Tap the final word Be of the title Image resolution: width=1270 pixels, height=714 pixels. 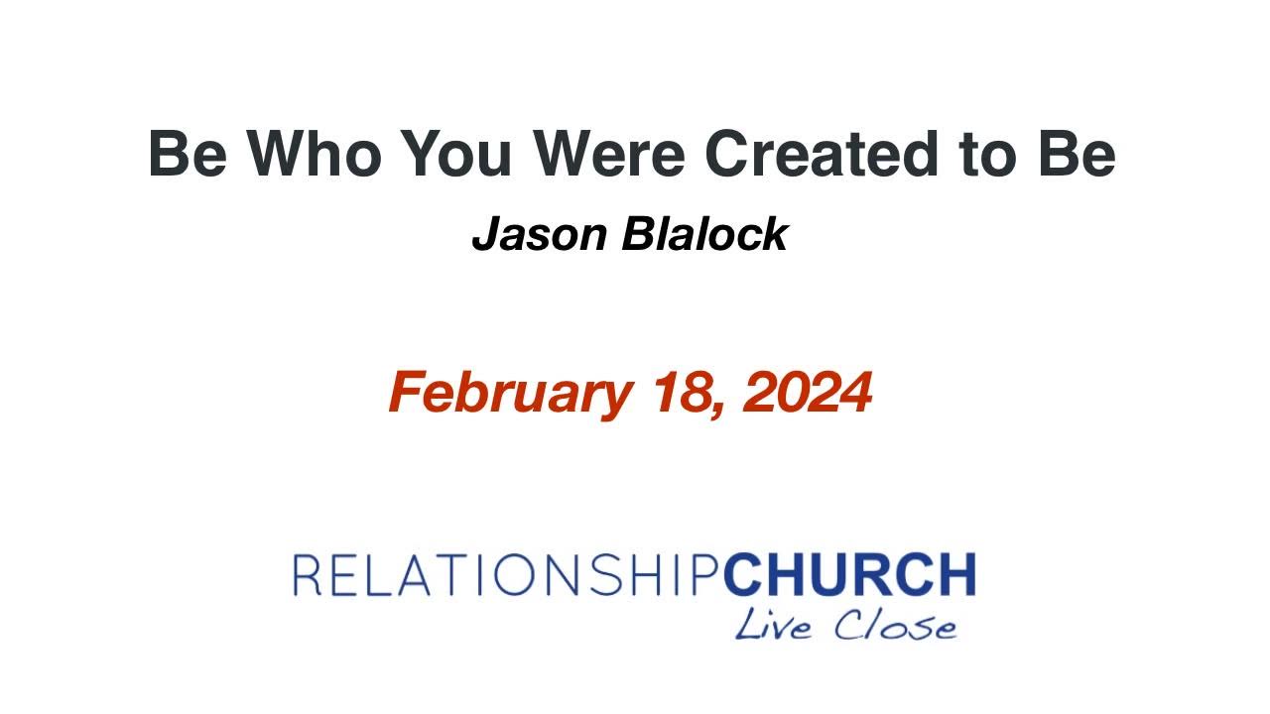[x=1077, y=154]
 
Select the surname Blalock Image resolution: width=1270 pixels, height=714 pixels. [x=704, y=235]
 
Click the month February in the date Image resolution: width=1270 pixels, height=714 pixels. [x=509, y=393]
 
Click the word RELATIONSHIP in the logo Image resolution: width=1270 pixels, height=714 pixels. [x=507, y=575]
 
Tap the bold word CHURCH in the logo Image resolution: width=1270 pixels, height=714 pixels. [x=849, y=575]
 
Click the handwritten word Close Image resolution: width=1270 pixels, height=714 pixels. [x=895, y=626]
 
